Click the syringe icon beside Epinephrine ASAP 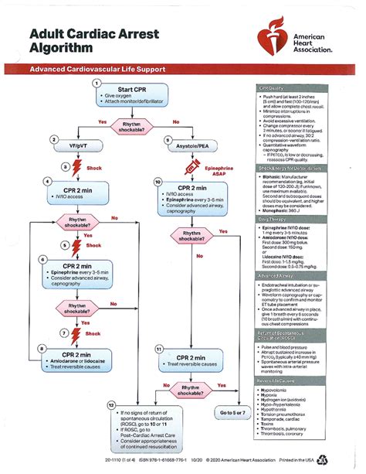[x=185, y=165]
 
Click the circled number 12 [x=112, y=404]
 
